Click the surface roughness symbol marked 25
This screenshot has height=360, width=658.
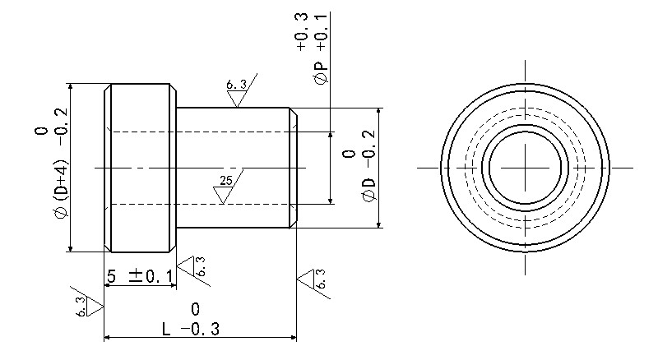(225, 192)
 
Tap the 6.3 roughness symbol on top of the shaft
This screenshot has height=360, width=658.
(239, 94)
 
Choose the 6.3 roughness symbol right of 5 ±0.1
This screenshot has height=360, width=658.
(194, 267)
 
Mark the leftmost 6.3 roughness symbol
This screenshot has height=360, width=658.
(88, 307)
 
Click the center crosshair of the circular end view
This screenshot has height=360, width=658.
(524, 167)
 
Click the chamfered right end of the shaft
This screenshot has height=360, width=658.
(292, 168)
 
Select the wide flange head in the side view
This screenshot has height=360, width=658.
(140, 168)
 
